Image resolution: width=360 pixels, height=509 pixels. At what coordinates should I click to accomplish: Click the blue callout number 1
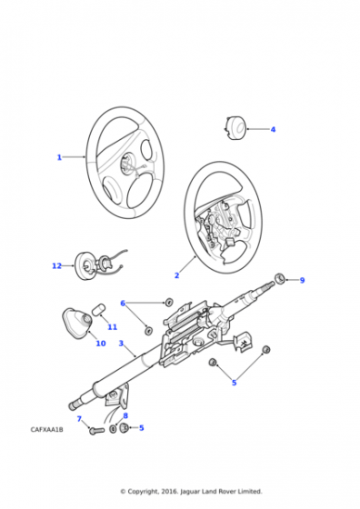click(59, 157)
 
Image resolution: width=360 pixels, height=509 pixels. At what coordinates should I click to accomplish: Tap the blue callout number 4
click(273, 129)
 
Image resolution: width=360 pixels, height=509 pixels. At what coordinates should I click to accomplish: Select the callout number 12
click(56, 265)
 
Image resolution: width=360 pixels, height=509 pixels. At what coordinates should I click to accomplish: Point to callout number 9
click(302, 280)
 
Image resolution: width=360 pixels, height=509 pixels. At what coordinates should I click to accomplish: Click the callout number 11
click(113, 326)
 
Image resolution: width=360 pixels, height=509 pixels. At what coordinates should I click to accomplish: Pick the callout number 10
click(101, 344)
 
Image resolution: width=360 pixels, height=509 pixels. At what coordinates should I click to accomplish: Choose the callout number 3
click(121, 344)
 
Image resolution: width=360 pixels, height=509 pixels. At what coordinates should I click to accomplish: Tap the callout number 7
click(79, 419)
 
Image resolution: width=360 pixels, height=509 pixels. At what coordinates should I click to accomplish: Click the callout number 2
click(176, 275)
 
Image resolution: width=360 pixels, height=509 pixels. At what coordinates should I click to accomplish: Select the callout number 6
click(123, 304)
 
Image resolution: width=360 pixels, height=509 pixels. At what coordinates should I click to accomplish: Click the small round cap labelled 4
click(235, 128)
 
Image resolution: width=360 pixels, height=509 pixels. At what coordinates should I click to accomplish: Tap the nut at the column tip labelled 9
click(280, 278)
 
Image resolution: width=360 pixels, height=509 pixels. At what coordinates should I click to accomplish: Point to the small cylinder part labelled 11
click(98, 310)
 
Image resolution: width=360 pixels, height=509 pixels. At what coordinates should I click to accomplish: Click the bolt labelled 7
click(96, 431)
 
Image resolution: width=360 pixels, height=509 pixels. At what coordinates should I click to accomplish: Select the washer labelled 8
click(113, 429)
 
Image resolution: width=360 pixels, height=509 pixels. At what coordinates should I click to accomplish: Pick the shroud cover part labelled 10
click(77, 324)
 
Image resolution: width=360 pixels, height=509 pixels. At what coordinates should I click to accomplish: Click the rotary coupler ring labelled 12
click(84, 266)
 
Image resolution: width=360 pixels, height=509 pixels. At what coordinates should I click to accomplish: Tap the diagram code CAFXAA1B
click(46, 429)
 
